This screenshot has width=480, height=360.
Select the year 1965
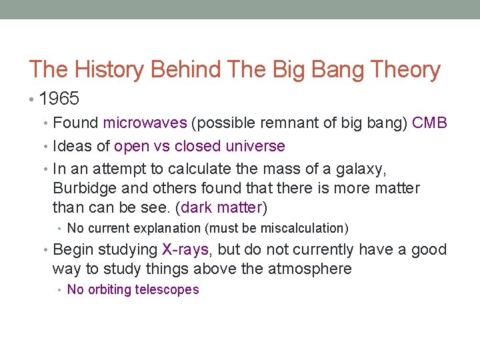point(59,99)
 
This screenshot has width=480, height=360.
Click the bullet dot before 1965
point(33,100)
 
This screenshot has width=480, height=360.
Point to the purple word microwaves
point(145,123)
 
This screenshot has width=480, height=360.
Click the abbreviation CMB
point(429,123)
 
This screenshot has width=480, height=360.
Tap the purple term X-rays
point(185,249)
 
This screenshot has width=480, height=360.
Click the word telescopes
point(167,289)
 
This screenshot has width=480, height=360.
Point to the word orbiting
point(109,289)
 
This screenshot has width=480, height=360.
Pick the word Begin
point(72,249)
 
